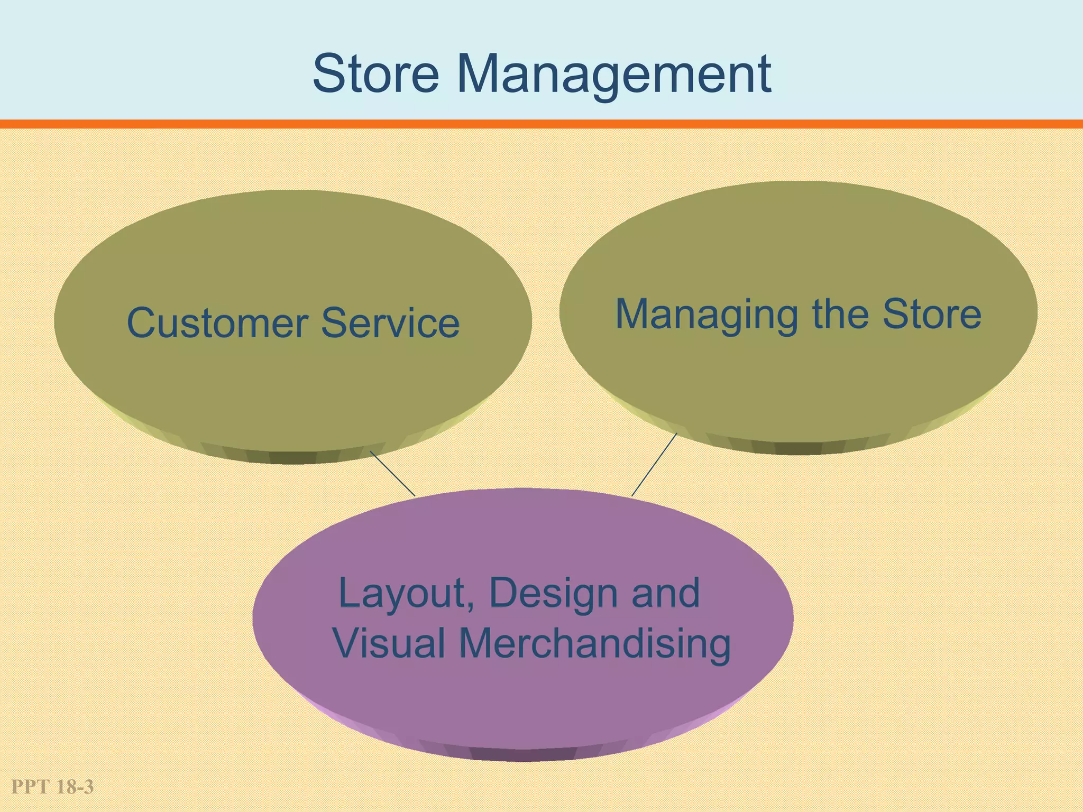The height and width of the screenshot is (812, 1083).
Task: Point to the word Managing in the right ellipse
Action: [706, 315]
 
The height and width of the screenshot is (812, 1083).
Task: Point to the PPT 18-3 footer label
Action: [52, 787]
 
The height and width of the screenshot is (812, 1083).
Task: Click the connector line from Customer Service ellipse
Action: [392, 474]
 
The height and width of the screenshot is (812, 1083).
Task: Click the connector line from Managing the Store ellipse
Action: [654, 465]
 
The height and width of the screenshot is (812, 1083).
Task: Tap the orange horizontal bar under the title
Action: [541, 124]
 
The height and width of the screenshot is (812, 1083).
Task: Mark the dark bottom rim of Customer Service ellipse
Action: [292, 457]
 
